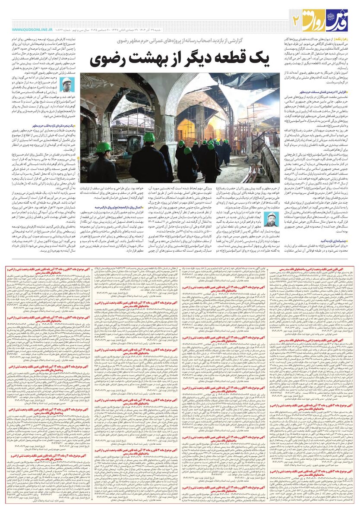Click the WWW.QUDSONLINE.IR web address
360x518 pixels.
point(32,29)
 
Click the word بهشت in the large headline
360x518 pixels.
point(148,58)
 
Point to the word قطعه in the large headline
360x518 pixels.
point(226,58)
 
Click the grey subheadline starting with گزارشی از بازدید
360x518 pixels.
point(190,41)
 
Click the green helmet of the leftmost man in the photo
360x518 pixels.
point(103,148)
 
